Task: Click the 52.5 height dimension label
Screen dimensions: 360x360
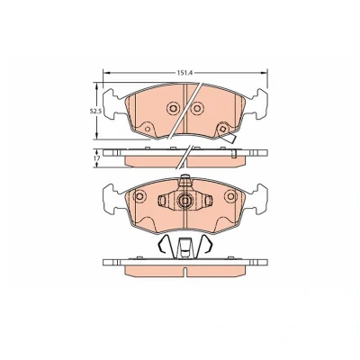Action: [x=96, y=111]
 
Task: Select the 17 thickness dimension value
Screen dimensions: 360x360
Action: [x=95, y=157]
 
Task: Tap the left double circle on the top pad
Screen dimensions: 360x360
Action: [x=173, y=108]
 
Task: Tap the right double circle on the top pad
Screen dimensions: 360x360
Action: [x=197, y=108]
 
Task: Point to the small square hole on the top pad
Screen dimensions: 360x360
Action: [x=223, y=129]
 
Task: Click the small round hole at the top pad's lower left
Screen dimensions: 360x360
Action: [x=147, y=130]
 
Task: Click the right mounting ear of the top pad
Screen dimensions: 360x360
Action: [x=257, y=104]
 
